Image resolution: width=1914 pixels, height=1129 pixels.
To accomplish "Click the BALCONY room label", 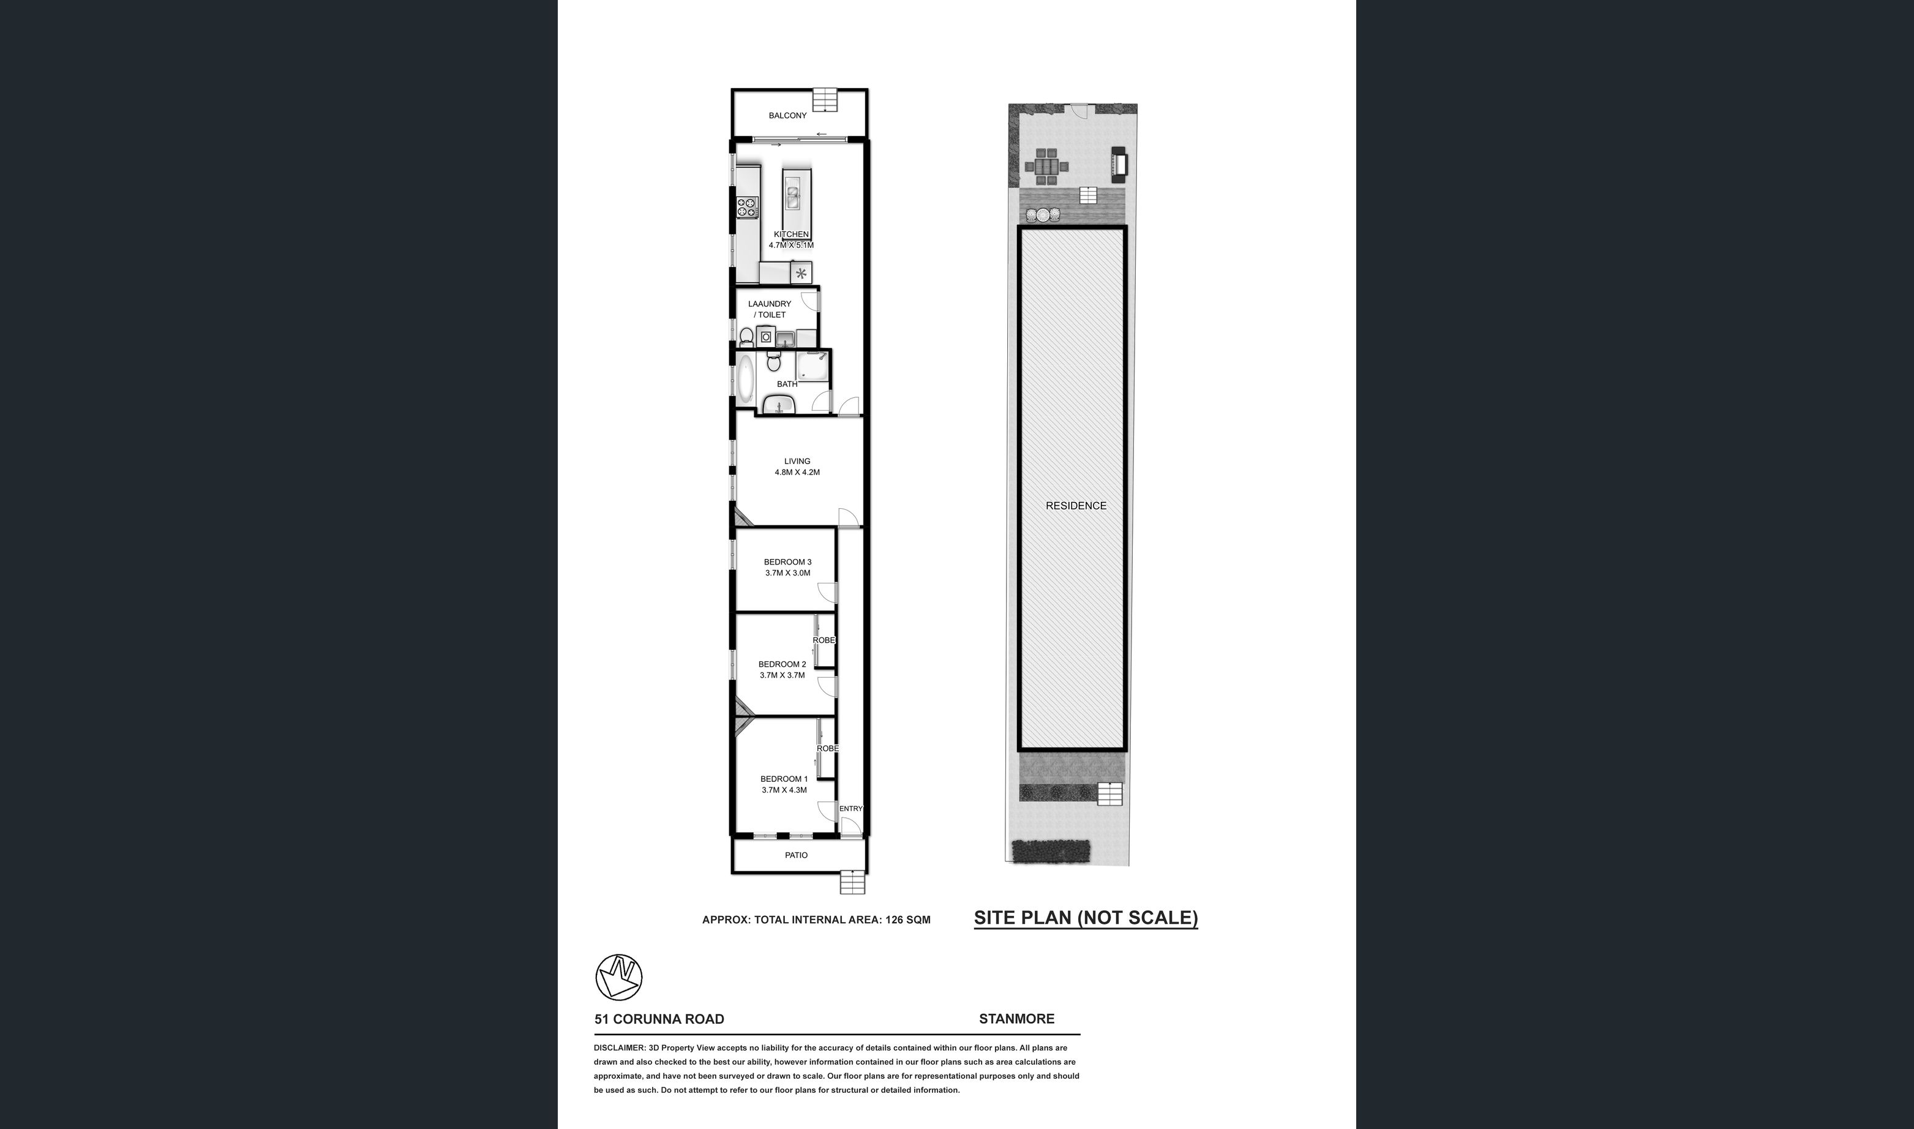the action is (x=787, y=116).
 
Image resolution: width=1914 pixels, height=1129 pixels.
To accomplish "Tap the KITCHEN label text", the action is (x=791, y=234).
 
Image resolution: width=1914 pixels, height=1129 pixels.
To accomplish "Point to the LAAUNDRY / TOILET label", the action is (x=770, y=309).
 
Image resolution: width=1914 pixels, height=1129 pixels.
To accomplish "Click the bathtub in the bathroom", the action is (x=746, y=380).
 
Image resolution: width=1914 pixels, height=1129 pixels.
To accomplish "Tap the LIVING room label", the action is (x=797, y=461).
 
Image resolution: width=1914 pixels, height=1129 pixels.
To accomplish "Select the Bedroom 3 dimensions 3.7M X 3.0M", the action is (x=788, y=573).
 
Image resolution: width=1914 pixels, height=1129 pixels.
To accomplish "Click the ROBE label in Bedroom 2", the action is (x=824, y=640).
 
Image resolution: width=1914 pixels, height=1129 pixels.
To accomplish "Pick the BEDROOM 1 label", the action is (x=784, y=778).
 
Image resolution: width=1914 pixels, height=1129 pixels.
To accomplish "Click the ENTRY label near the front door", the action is (x=851, y=808).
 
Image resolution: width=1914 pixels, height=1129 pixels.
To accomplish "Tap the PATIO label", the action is (x=797, y=855).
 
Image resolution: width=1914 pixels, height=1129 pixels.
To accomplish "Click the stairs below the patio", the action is (x=853, y=882).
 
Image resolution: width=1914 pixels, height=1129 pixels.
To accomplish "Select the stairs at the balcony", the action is (x=824, y=100).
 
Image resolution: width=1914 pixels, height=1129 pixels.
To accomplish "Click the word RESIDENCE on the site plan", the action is (x=1076, y=505).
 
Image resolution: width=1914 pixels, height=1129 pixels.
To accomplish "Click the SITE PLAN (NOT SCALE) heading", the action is (x=1086, y=918).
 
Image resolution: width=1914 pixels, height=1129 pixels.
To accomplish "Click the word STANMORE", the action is (x=1016, y=1019).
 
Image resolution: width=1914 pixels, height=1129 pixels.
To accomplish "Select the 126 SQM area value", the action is (x=907, y=919).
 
